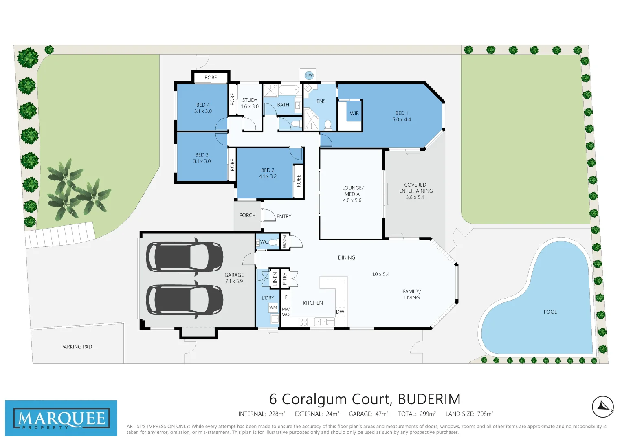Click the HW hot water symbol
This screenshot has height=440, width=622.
[x=309, y=75]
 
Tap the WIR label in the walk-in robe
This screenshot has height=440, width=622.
[x=354, y=113]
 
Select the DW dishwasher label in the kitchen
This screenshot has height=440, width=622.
[x=340, y=312]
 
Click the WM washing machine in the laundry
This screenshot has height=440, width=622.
[x=273, y=308]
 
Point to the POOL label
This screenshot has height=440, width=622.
[x=550, y=312]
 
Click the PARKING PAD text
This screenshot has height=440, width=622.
[x=77, y=347]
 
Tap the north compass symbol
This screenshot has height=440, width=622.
[x=603, y=406]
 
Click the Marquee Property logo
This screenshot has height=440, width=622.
[x=61, y=418]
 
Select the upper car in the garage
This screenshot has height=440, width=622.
[x=185, y=257]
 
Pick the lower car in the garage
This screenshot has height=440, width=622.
[x=185, y=299]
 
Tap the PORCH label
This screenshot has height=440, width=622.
[x=247, y=216]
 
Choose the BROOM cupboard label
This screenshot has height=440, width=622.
[x=285, y=242]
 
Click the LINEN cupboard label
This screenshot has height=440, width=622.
[x=275, y=279]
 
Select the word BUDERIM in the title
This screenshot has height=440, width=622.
[x=429, y=399]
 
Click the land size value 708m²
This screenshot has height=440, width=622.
[x=485, y=414]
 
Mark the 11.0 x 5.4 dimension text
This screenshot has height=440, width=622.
[x=380, y=275]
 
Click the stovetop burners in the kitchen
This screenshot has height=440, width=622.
[x=303, y=322]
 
